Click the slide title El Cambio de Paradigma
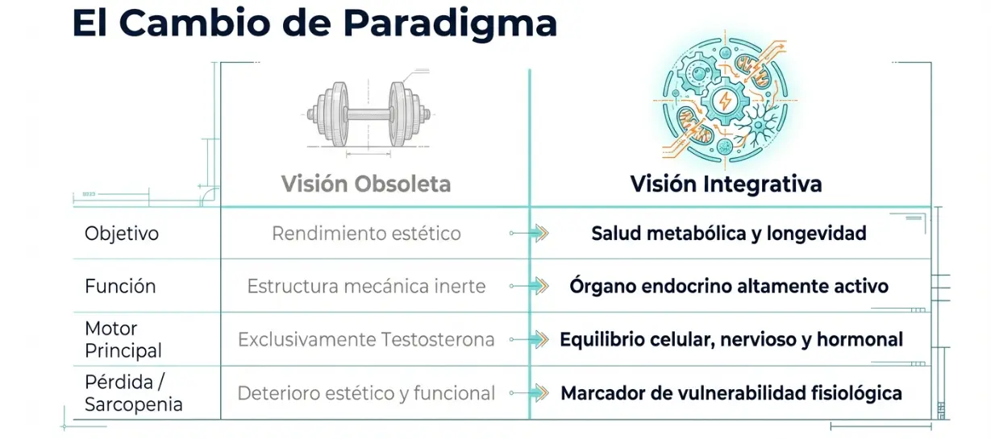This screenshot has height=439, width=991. coord(314,24)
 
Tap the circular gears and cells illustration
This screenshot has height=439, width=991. coord(725,103)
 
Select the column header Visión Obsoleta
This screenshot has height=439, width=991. coord(366,184)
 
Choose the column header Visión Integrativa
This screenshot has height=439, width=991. coord(726,184)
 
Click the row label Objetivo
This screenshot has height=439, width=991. coord(122,234)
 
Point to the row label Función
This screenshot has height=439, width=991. coord(120,286)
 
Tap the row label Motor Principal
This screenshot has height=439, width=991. coord(123,340)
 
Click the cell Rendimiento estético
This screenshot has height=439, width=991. coord(366,234)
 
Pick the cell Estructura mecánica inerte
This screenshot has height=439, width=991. coord(366,286)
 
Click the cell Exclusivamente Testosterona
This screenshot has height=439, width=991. coord(366,340)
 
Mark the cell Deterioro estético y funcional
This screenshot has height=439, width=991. coord(366,393)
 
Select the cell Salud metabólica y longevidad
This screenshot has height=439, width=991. coord(728,234)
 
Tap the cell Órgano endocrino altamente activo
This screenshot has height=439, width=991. coord(728,286)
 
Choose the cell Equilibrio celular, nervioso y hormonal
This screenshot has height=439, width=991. coord(731,340)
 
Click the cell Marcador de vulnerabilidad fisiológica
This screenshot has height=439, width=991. coord(731,393)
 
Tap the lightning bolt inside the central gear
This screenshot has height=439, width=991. coord(724,101)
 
